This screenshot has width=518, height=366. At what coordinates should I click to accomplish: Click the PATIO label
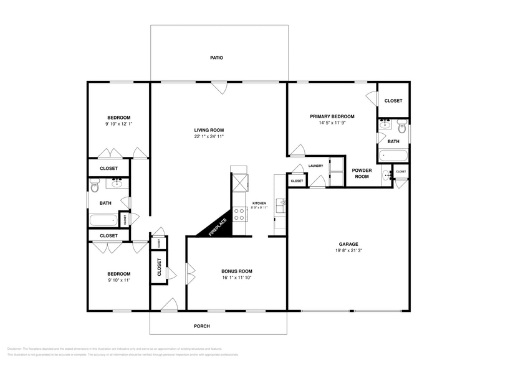point(216,58)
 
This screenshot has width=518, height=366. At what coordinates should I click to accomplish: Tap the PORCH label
point(201,326)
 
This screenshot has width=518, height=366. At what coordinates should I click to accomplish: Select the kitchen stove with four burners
point(239,215)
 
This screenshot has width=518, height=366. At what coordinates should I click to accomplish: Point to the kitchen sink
point(281,202)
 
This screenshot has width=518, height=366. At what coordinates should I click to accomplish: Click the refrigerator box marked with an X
point(239,183)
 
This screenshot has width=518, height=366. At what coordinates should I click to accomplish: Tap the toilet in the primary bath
point(401,129)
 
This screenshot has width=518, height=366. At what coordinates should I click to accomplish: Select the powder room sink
point(386,174)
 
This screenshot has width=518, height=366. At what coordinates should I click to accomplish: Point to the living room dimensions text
point(208,136)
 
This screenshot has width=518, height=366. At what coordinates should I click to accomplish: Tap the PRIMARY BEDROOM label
point(332,116)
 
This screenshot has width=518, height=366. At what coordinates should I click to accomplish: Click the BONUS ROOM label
point(237,271)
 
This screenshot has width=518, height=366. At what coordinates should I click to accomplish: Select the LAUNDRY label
point(315,166)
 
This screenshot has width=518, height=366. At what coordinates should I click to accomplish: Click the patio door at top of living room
point(218,88)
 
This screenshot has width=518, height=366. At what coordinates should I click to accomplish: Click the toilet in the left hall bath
point(95,185)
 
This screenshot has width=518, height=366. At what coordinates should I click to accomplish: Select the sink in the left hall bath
point(117,182)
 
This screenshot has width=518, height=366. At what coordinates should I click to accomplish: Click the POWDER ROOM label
point(362,173)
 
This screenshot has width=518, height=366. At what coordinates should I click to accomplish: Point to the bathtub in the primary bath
point(393,154)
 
